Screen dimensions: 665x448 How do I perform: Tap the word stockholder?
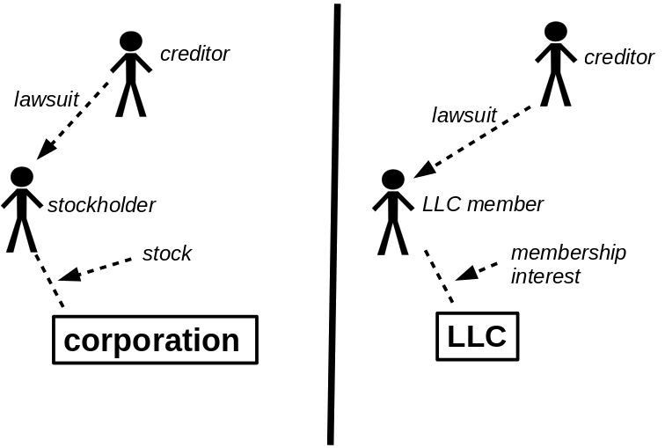click(101, 205)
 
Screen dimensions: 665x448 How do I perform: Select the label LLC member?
click(483, 204)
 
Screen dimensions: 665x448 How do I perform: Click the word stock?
click(167, 253)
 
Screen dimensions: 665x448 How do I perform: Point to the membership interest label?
click(568, 264)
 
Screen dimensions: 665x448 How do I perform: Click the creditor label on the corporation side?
click(194, 54)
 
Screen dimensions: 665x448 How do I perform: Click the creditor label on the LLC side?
click(618, 57)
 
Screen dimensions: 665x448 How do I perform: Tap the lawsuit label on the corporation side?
click(47, 99)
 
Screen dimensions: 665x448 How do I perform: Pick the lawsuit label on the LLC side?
click(464, 115)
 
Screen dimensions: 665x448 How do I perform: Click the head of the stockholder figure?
click(22, 177)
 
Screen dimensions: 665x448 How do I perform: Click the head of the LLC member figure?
click(393, 180)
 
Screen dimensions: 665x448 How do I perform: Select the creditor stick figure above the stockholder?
click(131, 74)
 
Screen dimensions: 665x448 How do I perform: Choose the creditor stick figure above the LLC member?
click(556, 63)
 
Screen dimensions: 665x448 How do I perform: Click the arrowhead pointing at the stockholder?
click(46, 150)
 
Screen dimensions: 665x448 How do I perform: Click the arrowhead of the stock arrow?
click(69, 275)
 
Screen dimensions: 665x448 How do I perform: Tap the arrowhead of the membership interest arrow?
click(466, 273)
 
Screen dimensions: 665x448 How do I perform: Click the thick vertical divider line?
click(334, 224)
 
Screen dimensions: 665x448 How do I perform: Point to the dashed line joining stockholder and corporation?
click(49, 280)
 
